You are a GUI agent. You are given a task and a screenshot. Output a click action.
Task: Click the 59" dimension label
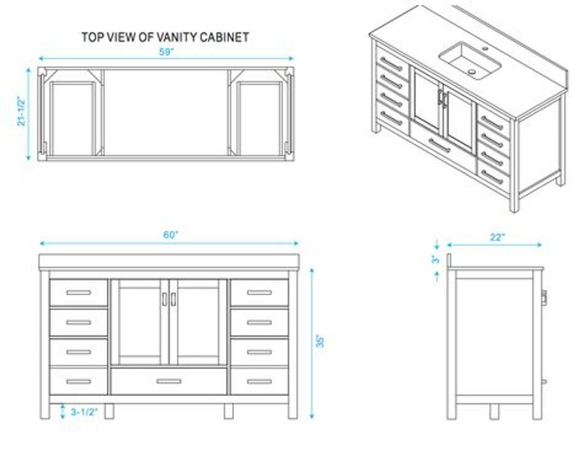166,52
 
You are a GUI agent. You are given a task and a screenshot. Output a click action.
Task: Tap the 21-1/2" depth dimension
21,111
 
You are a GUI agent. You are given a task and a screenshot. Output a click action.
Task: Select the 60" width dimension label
170,235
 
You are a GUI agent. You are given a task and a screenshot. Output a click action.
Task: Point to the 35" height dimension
320,341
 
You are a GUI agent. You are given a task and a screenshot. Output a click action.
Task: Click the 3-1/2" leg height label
84,412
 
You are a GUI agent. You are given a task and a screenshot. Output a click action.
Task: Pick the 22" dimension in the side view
498,237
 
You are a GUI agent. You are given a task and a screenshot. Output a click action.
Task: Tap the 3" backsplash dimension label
435,259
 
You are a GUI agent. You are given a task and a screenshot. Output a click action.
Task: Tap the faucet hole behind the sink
485,49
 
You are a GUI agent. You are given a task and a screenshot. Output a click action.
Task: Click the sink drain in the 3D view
472,72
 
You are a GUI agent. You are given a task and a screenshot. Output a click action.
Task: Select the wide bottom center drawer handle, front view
169,381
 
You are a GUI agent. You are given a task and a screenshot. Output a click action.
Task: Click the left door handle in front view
164,299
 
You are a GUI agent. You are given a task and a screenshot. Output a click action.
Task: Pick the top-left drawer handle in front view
79,293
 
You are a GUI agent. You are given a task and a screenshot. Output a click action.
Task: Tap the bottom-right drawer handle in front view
260,382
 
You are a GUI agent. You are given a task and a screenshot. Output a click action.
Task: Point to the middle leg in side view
494,412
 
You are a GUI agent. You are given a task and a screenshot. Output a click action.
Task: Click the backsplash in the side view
449,260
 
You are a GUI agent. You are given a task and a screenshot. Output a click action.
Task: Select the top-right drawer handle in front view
260,293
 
